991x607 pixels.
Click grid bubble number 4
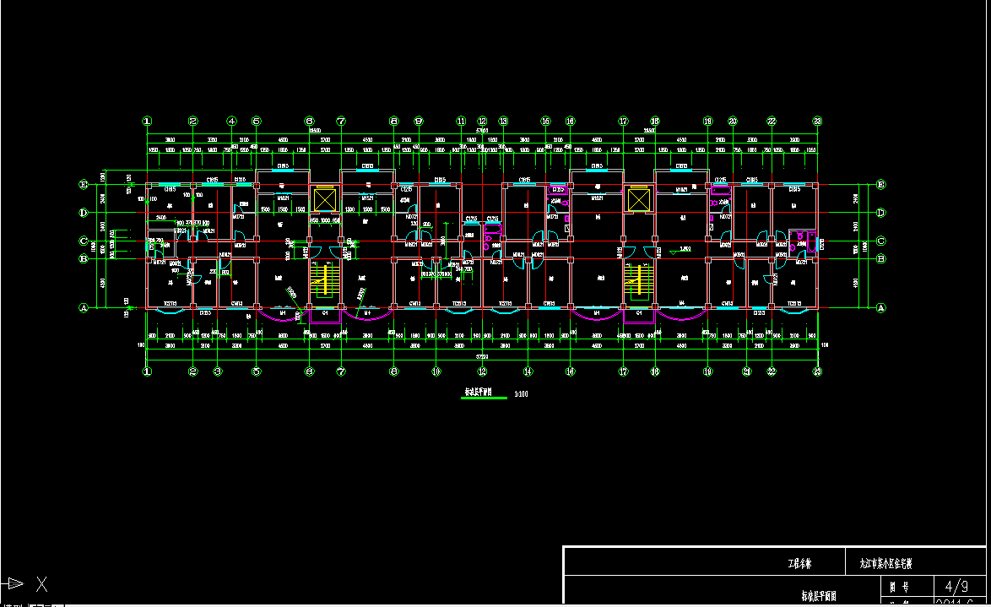pyautogui.click(x=232, y=121)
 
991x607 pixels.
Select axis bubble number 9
pyautogui.click(x=419, y=121)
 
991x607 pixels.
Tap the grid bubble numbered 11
pyautogui.click(x=461, y=121)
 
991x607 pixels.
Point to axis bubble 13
pyautogui.click(x=503, y=121)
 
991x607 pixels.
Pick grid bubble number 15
pyautogui.click(x=546, y=121)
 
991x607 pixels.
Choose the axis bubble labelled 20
pyautogui.click(x=733, y=121)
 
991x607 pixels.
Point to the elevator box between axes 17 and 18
pyautogui.click(x=639, y=200)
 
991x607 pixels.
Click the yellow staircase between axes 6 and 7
pyautogui.click(x=324, y=279)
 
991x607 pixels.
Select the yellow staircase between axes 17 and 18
pyautogui.click(x=639, y=279)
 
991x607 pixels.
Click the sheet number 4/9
pyautogui.click(x=956, y=585)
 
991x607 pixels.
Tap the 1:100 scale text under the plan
pyautogui.click(x=521, y=393)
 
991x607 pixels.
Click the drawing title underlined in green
pyautogui.click(x=484, y=393)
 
